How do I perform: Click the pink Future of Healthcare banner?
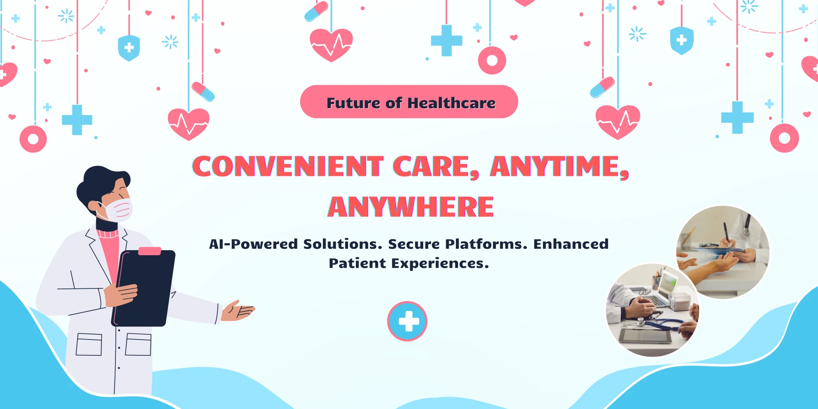click(x=409, y=102)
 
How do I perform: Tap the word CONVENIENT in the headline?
click(x=288, y=166)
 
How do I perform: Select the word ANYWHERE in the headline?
click(x=411, y=207)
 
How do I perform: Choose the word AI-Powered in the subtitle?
click(x=253, y=244)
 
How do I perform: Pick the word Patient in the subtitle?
click(x=357, y=263)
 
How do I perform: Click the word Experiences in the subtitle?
click(x=440, y=264)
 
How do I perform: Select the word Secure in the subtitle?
click(x=414, y=244)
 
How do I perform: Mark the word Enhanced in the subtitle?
click(x=571, y=244)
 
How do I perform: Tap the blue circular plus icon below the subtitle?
click(x=407, y=321)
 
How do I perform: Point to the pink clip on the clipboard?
click(x=150, y=251)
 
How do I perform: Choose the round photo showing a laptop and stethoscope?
click(x=652, y=310)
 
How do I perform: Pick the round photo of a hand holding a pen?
click(x=723, y=252)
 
